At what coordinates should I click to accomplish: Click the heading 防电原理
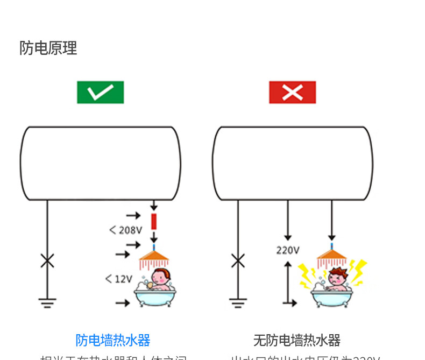click(48, 48)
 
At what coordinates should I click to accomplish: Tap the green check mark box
click(100, 92)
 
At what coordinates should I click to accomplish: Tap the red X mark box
click(292, 92)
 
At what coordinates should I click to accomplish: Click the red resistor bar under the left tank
click(154, 221)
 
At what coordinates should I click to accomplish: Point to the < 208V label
click(125, 230)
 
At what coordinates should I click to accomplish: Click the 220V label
click(288, 250)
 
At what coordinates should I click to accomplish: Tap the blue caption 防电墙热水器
click(113, 340)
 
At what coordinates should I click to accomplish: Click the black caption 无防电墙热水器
click(296, 340)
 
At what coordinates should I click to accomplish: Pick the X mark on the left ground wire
click(47, 262)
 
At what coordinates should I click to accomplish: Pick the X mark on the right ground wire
click(238, 262)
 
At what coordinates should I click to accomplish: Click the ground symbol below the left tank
click(47, 303)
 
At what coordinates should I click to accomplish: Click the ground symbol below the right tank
click(238, 303)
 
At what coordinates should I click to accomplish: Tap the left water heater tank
click(101, 164)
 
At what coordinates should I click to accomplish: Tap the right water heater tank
click(292, 164)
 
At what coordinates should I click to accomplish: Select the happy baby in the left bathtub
click(160, 279)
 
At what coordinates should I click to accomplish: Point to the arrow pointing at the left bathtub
click(123, 303)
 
